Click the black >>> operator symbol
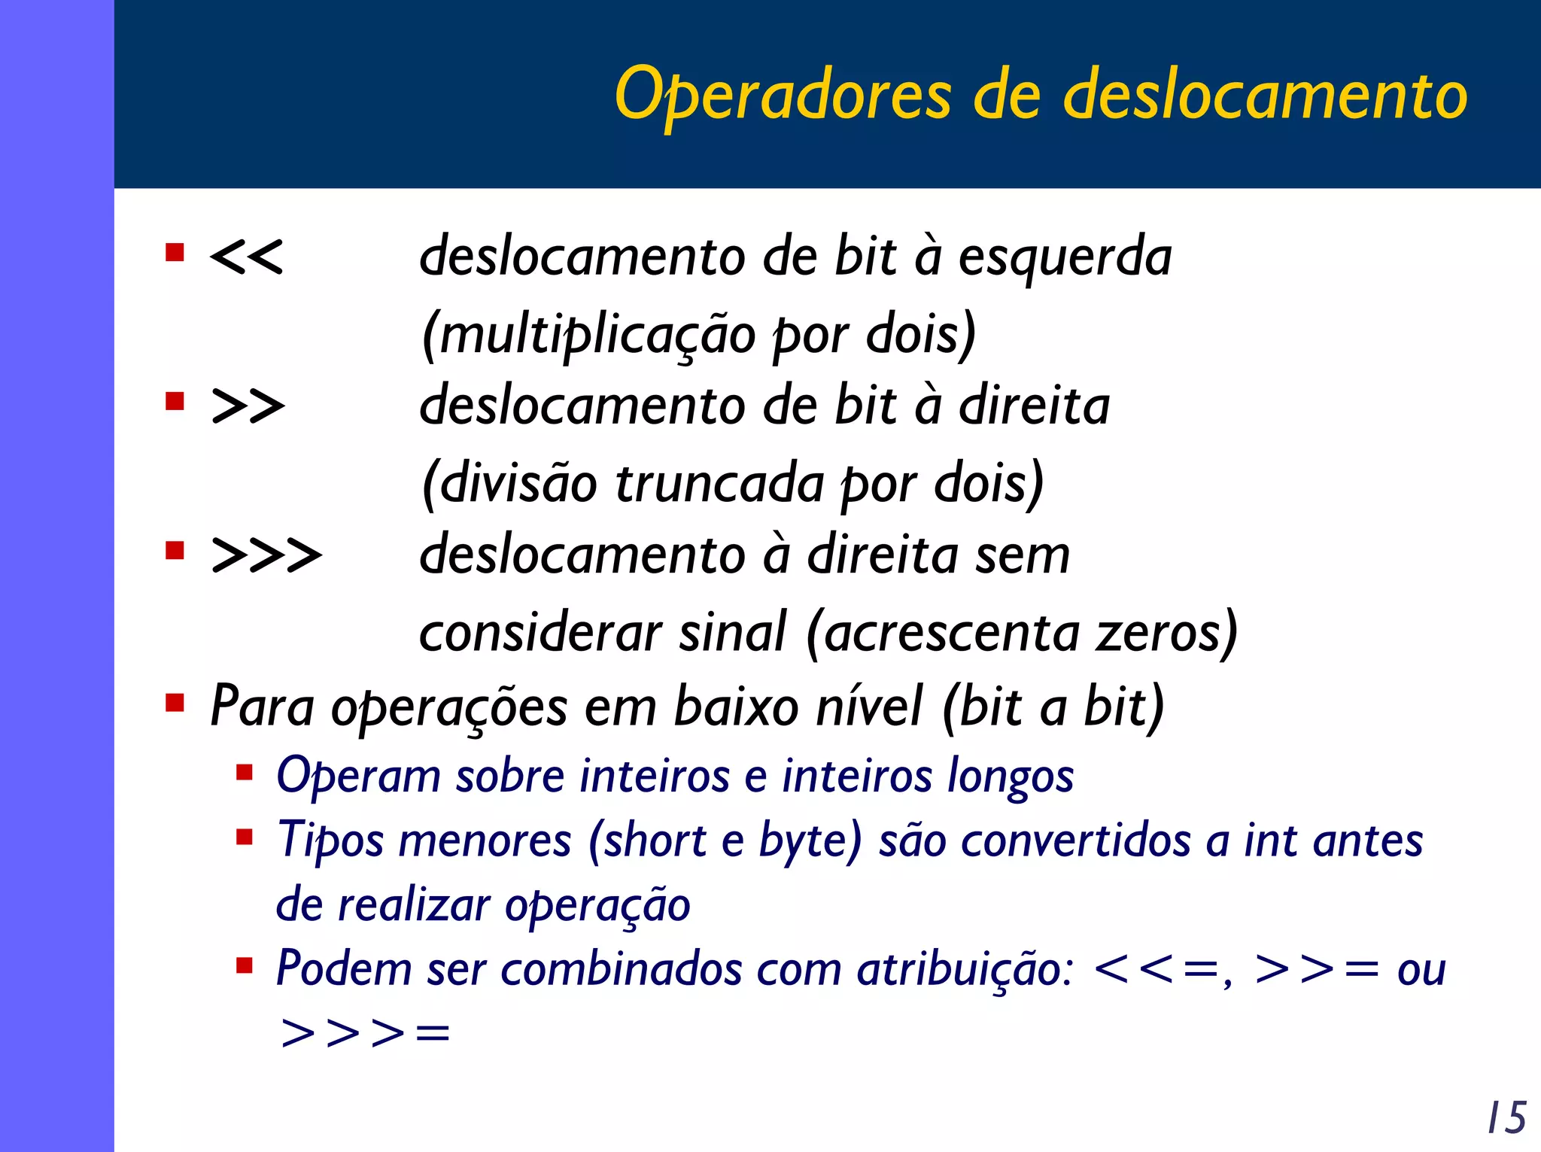tap(266, 555)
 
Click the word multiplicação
tap(597, 335)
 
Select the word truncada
tap(719, 483)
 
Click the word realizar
tap(414, 904)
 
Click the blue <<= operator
tap(1159, 970)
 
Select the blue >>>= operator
tap(365, 1032)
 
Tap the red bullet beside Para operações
tap(175, 704)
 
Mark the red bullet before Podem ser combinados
tap(244, 965)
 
